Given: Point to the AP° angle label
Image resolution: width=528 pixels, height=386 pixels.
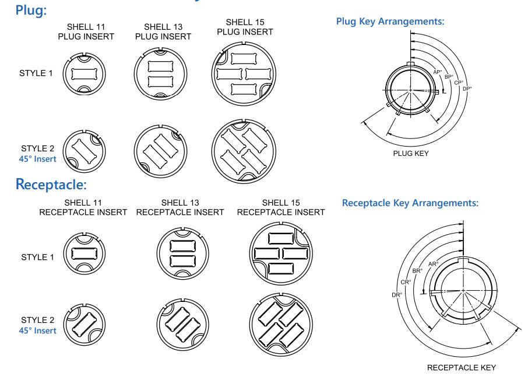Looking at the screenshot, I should coord(438,72).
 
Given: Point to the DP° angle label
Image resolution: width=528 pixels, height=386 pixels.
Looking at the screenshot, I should coord(467,89).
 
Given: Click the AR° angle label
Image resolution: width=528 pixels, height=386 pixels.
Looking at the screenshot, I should coord(433,264).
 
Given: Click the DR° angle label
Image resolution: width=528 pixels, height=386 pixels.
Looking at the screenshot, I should coord(397,295).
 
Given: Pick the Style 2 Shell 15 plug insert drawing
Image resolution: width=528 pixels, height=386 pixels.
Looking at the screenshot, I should coord(240,148).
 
